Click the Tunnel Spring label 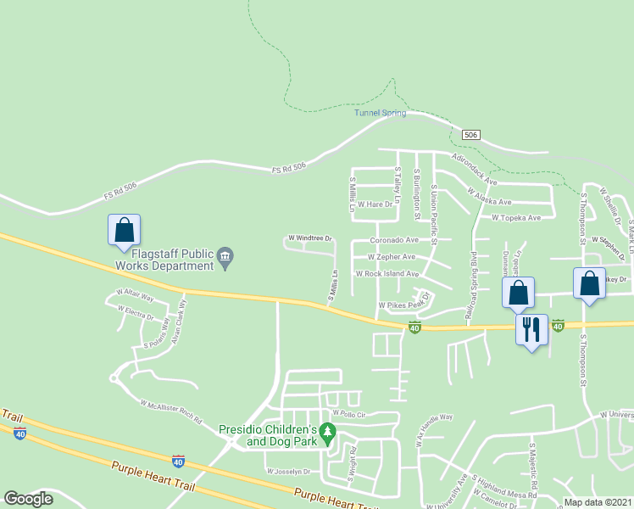click(380, 113)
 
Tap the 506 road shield click(472, 135)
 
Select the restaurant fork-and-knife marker click(532, 330)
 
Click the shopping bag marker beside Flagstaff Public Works click(124, 231)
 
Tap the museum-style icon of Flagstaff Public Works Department click(225, 256)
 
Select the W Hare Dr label click(375, 204)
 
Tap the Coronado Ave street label click(393, 240)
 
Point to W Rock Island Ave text click(387, 274)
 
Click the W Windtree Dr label click(310, 239)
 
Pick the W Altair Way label click(136, 299)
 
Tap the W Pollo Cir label click(348, 414)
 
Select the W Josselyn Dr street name click(288, 472)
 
